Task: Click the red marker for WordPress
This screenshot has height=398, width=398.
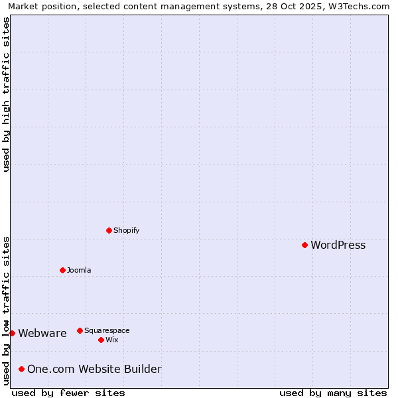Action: click(x=304, y=245)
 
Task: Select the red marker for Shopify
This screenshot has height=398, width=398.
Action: click(x=109, y=230)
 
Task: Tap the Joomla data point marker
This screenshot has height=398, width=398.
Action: click(x=62, y=270)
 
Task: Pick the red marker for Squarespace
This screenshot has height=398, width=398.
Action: click(x=80, y=330)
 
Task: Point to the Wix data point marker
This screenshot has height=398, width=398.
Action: click(x=101, y=340)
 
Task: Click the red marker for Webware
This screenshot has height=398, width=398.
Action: click(x=12, y=333)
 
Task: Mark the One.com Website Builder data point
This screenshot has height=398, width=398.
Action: click(x=21, y=369)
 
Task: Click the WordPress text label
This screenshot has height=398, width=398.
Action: click(x=338, y=245)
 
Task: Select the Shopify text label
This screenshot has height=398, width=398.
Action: click(x=126, y=231)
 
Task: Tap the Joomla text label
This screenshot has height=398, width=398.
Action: click(x=79, y=271)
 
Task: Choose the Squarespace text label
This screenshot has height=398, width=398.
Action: click(x=107, y=331)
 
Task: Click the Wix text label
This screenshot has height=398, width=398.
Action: click(x=111, y=340)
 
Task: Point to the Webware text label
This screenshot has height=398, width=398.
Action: click(x=42, y=334)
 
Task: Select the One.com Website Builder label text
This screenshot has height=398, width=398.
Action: click(x=94, y=369)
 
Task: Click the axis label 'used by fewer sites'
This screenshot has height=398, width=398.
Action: click(x=68, y=393)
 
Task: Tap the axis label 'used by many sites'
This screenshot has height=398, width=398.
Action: click(x=333, y=393)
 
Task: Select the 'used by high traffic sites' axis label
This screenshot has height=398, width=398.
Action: click(x=6, y=94)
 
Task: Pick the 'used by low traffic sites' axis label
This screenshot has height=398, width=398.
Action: click(x=6, y=310)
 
